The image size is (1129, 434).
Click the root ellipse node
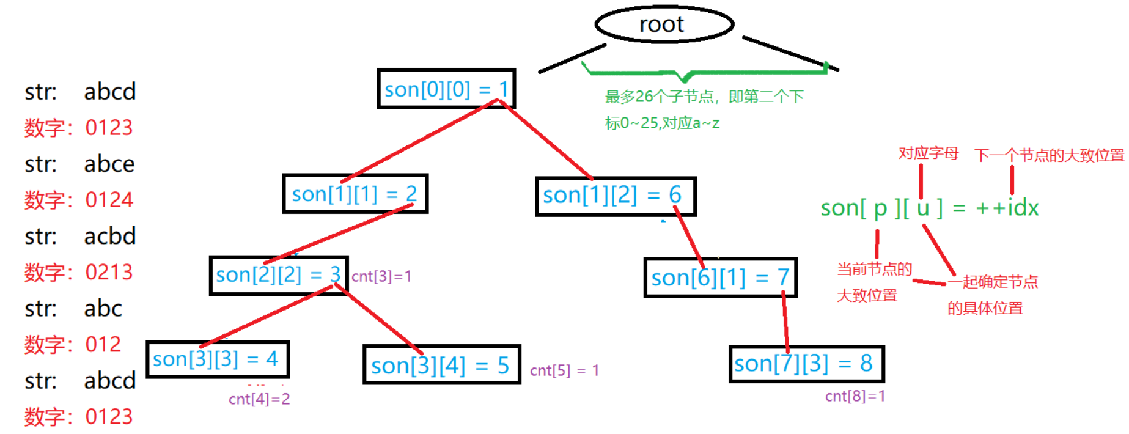pyautogui.click(x=664, y=24)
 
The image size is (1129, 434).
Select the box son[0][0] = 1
pyautogui.click(x=446, y=89)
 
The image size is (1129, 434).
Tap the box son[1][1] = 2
pyautogui.click(x=355, y=194)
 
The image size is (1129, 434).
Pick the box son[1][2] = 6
pyautogui.click(x=615, y=196)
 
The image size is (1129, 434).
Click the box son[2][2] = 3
pyautogui.click(x=278, y=276)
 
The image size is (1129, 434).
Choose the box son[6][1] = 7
pyautogui.click(x=720, y=278)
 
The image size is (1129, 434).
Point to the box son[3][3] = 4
pyautogui.click(x=217, y=359)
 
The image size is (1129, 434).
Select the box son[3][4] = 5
pyautogui.click(x=441, y=365)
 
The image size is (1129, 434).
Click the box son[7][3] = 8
pyautogui.click(x=806, y=364)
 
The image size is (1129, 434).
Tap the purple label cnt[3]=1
pyautogui.click(x=381, y=276)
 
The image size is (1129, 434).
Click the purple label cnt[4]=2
pyautogui.click(x=259, y=399)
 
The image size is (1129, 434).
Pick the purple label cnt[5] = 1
pyautogui.click(x=564, y=370)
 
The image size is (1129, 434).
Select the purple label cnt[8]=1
pyautogui.click(x=855, y=396)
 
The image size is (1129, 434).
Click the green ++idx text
pyautogui.click(x=1007, y=208)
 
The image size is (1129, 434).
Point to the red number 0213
pyautogui.click(x=109, y=272)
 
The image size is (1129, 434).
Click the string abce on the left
pyautogui.click(x=109, y=164)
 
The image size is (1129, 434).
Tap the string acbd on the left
pyautogui.click(x=110, y=236)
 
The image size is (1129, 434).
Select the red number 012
pyautogui.click(x=103, y=344)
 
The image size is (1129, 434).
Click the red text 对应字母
pyautogui.click(x=928, y=153)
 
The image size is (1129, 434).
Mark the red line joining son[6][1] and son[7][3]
pyautogui.click(x=785, y=321)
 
